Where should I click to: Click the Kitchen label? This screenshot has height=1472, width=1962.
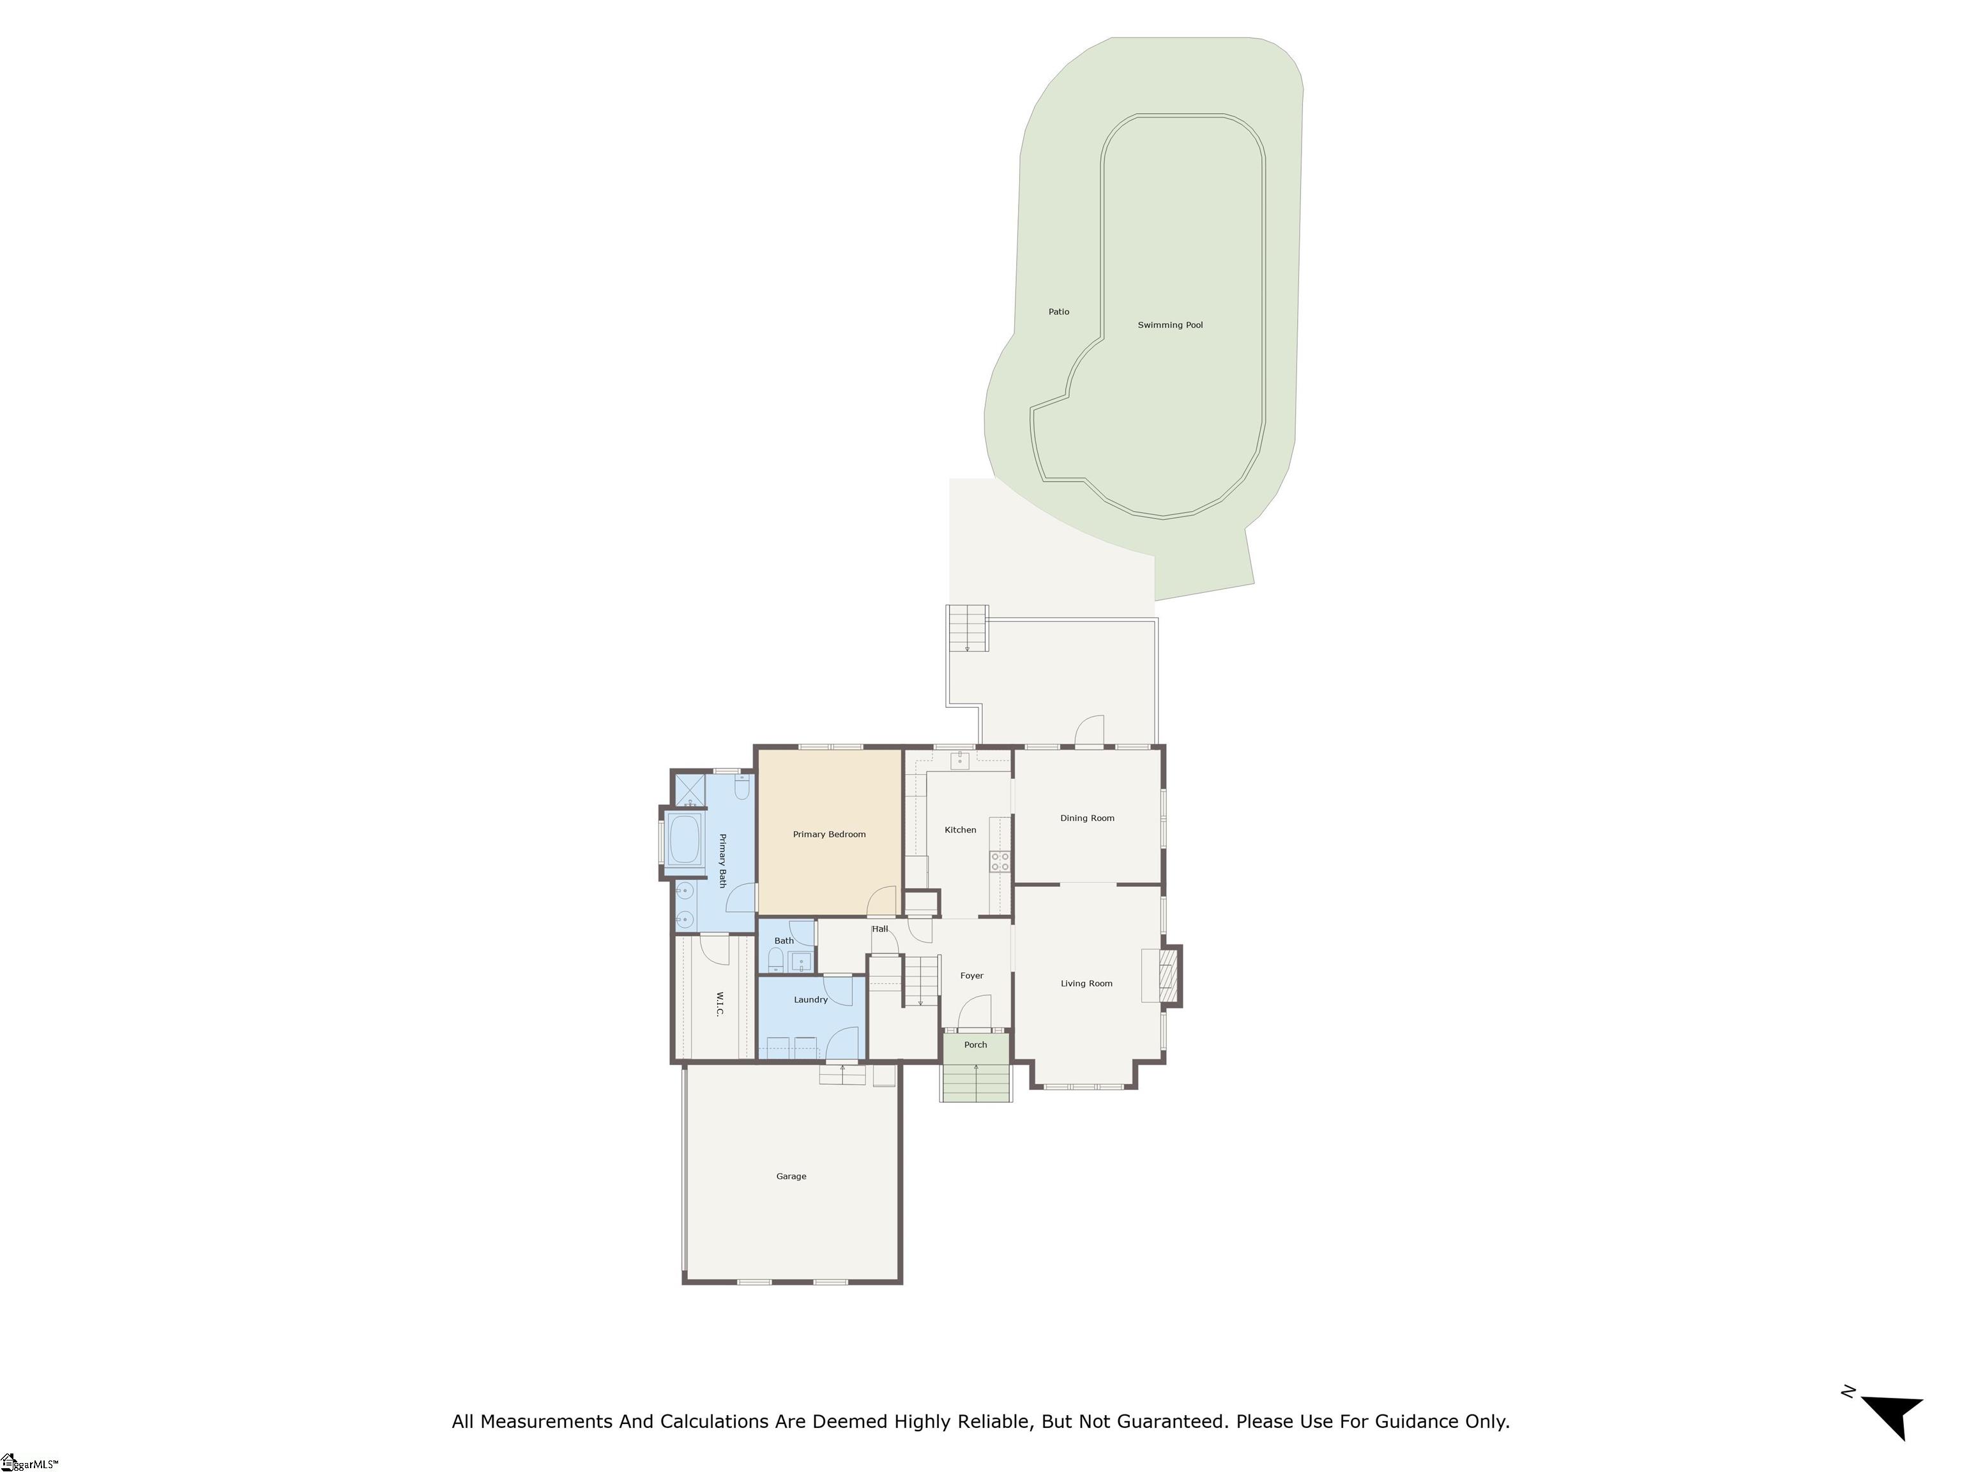point(960,831)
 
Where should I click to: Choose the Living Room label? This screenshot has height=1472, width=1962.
point(1086,984)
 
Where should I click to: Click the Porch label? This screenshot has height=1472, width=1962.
point(975,1045)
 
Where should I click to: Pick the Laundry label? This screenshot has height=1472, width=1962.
point(810,1000)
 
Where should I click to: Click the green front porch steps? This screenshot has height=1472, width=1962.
point(976,1082)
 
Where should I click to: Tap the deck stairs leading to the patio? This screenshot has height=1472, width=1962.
point(967,628)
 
